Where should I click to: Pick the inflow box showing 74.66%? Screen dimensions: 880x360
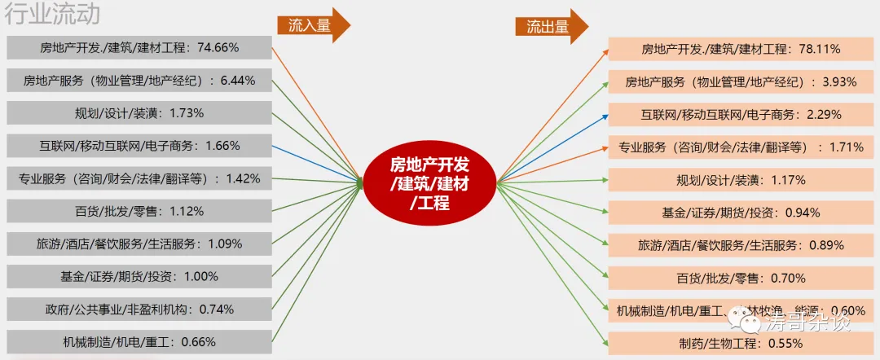139,48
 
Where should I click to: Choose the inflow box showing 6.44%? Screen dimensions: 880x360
139,81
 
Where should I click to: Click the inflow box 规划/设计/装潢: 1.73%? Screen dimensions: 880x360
139,113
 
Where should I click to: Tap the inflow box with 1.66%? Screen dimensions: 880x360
139,146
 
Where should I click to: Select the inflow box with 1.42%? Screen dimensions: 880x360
139,178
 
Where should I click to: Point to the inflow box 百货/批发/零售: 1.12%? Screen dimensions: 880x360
139,211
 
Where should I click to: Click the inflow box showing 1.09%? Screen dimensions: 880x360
139,244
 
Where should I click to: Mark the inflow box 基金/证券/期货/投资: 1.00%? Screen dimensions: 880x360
139,276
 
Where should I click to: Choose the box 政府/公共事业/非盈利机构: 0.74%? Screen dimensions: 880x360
139,309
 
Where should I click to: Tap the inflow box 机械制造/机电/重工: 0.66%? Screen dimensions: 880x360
139,341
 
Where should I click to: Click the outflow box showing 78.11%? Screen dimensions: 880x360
741,50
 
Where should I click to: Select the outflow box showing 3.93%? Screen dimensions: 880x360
741,82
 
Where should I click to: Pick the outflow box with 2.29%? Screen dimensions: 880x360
741,115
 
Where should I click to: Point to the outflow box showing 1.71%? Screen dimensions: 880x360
741,147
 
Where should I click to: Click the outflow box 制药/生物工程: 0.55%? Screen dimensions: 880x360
741,343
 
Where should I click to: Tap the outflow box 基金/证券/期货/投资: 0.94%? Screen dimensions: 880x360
741,213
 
